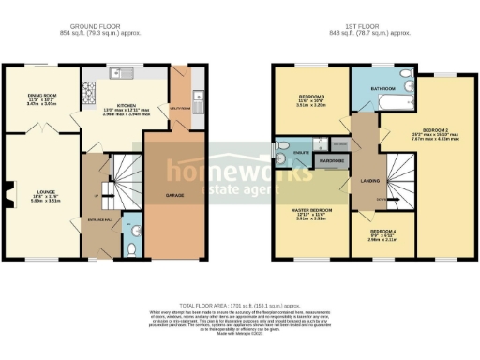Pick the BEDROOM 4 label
click(382, 230)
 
